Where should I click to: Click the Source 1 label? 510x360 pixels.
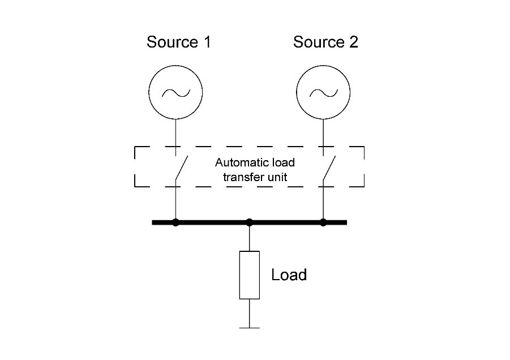[178, 42]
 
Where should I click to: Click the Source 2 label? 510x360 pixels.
[325, 42]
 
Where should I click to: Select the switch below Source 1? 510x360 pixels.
[181, 169]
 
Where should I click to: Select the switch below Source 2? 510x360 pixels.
[328, 169]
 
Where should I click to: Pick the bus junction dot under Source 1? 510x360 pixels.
[176, 222]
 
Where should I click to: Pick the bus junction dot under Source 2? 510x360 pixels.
[323, 222]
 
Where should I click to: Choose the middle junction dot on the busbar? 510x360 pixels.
[250, 222]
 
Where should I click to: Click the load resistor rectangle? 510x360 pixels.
[250, 275]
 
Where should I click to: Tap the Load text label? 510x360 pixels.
[289, 275]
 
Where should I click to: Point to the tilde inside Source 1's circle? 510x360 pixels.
[176, 92]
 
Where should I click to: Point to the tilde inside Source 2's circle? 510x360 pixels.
[323, 92]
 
